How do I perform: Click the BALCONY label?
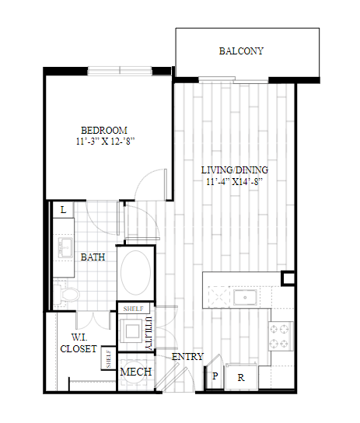click(241, 51)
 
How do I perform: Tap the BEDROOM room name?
click(104, 131)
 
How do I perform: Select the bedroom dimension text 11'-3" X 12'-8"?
click(105, 142)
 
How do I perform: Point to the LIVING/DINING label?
click(235, 170)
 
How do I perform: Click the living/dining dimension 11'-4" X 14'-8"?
click(235, 181)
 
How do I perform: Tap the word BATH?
click(93, 257)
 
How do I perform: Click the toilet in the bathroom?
click(66, 293)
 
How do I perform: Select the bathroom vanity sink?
click(65, 247)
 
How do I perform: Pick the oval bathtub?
click(135, 273)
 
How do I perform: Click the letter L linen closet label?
click(64, 210)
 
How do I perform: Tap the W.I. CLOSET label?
click(79, 343)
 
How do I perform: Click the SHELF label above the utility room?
click(133, 309)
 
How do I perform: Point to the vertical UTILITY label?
click(149, 333)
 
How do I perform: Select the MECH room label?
click(135, 372)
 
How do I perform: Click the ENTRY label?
click(187, 357)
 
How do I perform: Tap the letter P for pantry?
click(215, 376)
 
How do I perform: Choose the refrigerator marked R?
click(241, 378)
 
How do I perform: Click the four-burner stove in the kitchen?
click(281, 336)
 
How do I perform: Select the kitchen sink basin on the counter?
click(245, 297)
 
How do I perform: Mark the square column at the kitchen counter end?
click(288, 278)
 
